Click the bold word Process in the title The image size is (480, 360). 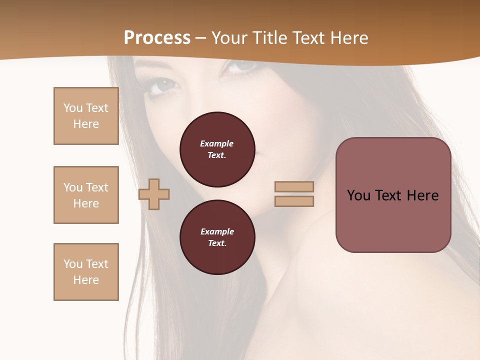pyautogui.click(x=157, y=38)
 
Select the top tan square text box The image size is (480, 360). pyautogui.click(x=86, y=116)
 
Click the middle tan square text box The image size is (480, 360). pyautogui.click(x=86, y=195)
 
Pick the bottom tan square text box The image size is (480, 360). pyautogui.click(x=86, y=272)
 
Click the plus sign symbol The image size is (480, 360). pyautogui.click(x=154, y=194)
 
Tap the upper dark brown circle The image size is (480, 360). pyautogui.click(x=217, y=149)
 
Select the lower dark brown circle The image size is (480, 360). pyautogui.click(x=217, y=237)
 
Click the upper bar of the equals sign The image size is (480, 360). pyautogui.click(x=294, y=186)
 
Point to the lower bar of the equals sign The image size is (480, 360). pyautogui.click(x=294, y=201)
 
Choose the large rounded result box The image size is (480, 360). pyautogui.click(x=393, y=194)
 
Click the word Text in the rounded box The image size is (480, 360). pyautogui.click(x=388, y=195)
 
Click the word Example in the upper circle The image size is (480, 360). pyautogui.click(x=216, y=143)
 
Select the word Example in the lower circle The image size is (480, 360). pyautogui.click(x=217, y=231)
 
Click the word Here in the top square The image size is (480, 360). pyautogui.click(x=86, y=124)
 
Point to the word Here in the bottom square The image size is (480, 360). pyautogui.click(x=86, y=280)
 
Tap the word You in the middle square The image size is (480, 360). pyautogui.click(x=72, y=187)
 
